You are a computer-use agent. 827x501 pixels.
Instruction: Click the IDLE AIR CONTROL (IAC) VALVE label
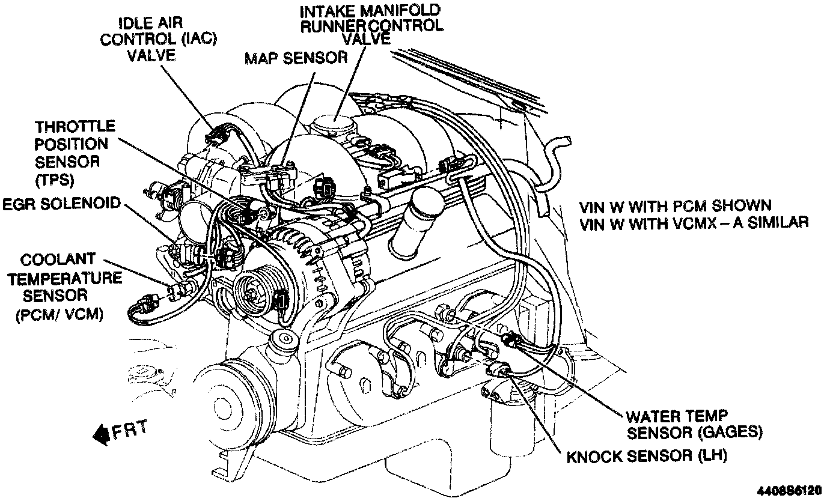pos(158,40)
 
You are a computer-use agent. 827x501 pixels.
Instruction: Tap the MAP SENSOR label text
pos(296,58)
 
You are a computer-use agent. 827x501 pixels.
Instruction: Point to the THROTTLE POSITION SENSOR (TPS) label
pos(75,153)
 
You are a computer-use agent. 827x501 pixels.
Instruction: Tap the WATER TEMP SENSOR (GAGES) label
pos(694,424)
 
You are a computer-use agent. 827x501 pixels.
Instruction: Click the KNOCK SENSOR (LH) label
pos(647,456)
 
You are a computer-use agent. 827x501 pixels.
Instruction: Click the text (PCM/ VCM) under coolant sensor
pos(58,314)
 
